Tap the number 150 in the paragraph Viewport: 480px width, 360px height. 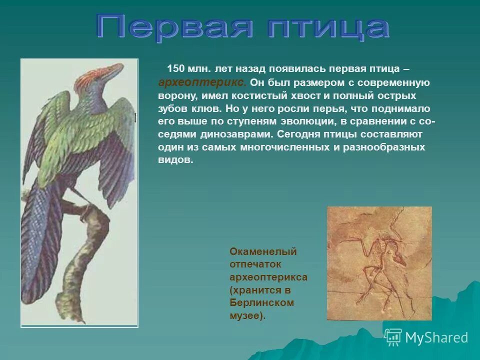click(175, 68)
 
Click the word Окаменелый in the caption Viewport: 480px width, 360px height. click(263, 251)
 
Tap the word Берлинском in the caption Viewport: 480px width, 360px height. click(261, 303)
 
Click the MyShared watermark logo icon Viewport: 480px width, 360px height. click(393, 337)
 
